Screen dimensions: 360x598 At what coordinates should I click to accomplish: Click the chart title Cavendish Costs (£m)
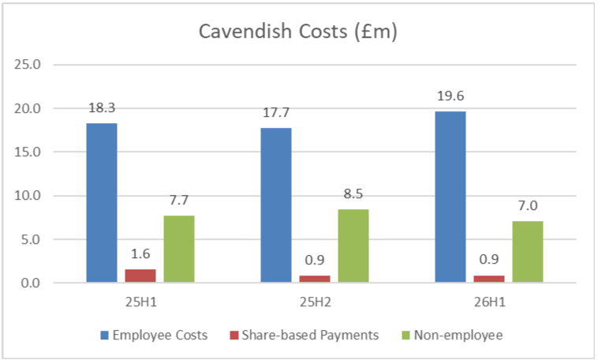coord(297,32)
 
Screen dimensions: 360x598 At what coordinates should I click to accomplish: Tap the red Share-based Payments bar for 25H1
coord(140,276)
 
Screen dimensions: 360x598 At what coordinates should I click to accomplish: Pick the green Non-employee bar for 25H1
coord(179,249)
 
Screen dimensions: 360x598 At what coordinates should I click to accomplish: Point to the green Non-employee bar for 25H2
coord(353,246)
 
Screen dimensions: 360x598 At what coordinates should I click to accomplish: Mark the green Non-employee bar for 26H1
coord(528,252)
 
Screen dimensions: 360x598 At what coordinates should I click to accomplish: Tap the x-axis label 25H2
coord(315,302)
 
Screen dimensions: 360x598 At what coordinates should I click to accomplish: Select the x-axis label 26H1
coord(489,302)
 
